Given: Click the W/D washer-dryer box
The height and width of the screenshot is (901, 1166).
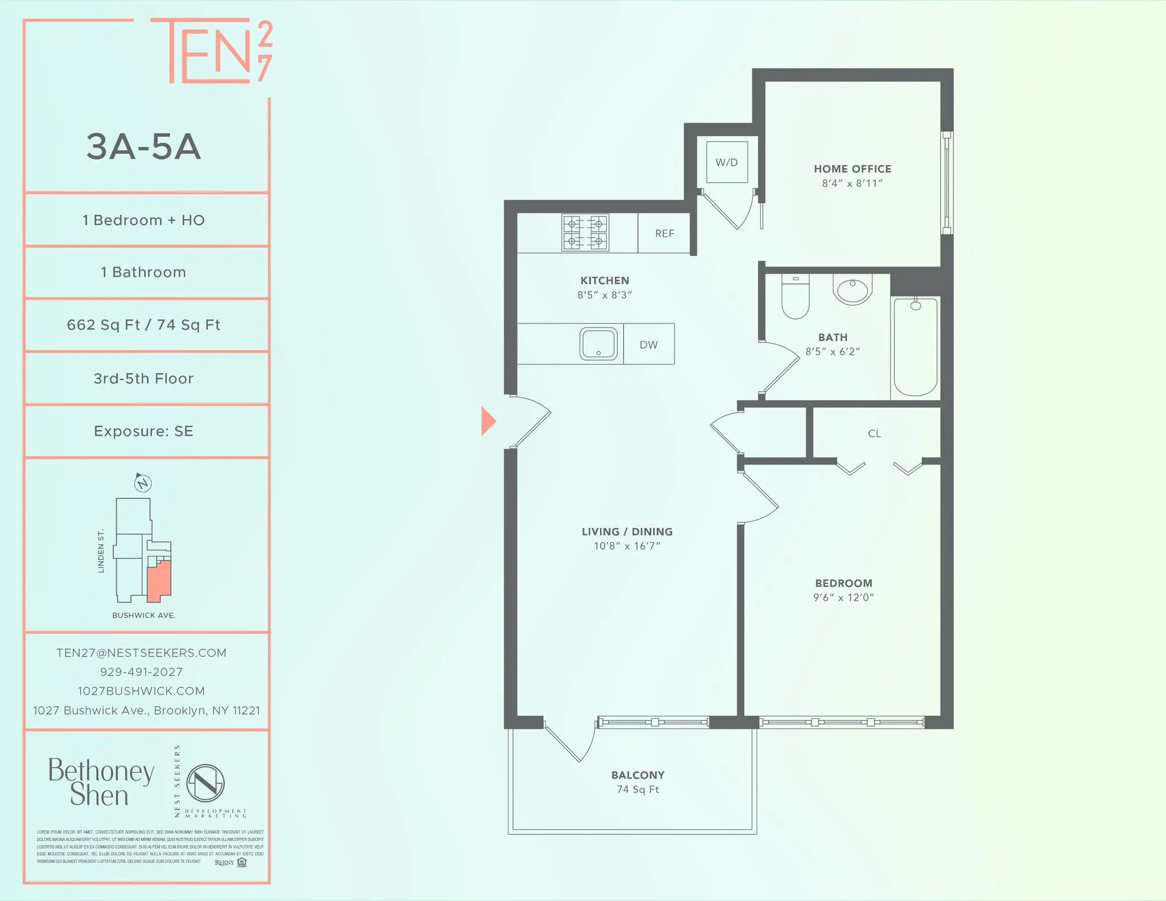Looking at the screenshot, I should (x=726, y=162).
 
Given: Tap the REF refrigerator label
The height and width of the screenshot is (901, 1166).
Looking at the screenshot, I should (x=664, y=234).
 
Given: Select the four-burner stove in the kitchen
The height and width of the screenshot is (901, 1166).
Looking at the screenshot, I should (x=585, y=232).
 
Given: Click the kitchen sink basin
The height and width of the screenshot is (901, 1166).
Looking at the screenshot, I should (x=598, y=343).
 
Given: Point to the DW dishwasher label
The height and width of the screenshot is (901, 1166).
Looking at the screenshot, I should (x=648, y=345).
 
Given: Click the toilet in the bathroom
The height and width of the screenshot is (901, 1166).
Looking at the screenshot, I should (x=795, y=297).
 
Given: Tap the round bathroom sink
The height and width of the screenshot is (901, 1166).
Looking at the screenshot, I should (x=852, y=290).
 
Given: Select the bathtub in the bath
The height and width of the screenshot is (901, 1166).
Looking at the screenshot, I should (x=915, y=347).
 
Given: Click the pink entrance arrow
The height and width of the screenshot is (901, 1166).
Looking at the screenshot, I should (x=488, y=421).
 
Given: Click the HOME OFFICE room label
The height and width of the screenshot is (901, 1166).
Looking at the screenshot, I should (x=852, y=169).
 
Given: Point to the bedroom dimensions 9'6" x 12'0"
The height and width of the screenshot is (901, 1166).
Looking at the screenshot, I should (x=843, y=597).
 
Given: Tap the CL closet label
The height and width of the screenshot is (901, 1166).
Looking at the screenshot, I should (x=874, y=434).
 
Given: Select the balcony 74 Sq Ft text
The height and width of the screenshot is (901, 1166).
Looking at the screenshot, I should (x=638, y=789).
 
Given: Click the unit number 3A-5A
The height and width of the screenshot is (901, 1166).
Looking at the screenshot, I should (x=143, y=147).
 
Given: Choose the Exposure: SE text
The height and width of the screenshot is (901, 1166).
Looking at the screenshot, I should (x=143, y=431).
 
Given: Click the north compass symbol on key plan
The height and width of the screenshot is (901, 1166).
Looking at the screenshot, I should (x=142, y=483).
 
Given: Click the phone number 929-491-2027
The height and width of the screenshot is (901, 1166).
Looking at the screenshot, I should (x=141, y=672).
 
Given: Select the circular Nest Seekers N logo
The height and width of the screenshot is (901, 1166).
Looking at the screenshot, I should (x=206, y=783).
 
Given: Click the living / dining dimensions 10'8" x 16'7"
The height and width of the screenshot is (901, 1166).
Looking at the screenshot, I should (x=627, y=546).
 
